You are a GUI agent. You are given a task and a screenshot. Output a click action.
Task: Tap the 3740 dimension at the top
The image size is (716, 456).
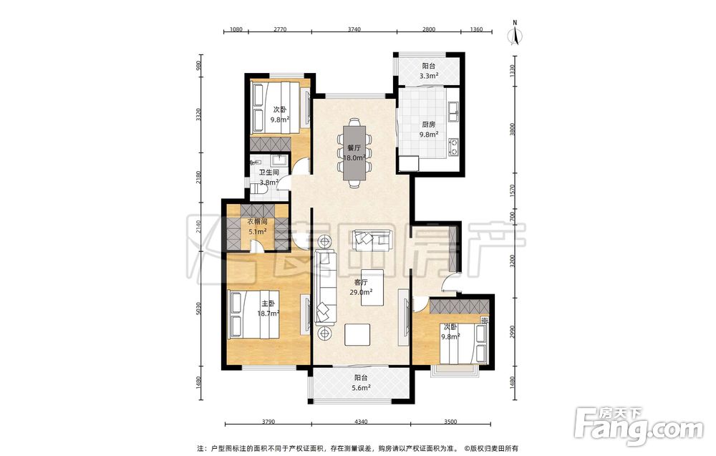tap(354, 29)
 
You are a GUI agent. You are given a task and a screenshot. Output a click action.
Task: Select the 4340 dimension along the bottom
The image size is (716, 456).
tap(361, 422)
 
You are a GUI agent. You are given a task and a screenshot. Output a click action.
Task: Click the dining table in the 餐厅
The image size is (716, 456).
tap(354, 153)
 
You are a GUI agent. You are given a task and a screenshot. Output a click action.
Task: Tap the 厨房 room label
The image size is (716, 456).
tap(428, 124)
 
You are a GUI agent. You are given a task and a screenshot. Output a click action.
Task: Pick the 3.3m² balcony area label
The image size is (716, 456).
tap(429, 76)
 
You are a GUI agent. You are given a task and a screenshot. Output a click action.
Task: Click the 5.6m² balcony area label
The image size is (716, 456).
tap(361, 387)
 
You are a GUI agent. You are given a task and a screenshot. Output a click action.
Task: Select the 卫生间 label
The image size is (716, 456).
tap(268, 173)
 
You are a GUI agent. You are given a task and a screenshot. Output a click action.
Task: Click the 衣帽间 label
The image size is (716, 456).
tap(258, 222)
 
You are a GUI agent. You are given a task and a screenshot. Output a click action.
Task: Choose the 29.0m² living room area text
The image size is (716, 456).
tap(361, 292)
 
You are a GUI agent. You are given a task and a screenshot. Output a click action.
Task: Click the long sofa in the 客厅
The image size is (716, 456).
tap(326, 288)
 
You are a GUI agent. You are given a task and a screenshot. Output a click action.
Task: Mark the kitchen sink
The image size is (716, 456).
tap(453, 112)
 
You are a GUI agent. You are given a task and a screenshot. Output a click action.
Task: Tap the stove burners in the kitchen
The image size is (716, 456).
tap(453, 147)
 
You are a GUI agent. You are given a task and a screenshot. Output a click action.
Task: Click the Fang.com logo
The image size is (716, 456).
tap(639, 427)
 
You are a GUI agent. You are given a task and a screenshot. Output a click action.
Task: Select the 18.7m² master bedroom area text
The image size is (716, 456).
tap(268, 313)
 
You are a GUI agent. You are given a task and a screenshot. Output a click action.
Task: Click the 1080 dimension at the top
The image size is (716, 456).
tap(236, 29)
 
